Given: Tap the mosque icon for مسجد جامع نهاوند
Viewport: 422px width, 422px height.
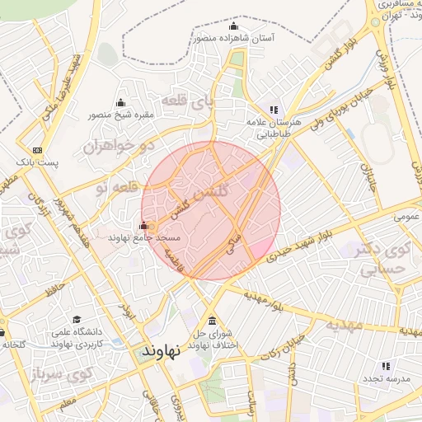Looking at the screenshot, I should coord(144,226).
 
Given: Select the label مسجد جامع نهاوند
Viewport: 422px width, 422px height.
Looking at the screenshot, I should coord(137,237).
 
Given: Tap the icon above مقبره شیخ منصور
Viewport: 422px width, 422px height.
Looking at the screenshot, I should coord(121,103).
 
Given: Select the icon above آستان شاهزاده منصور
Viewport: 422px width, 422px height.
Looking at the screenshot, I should coord(233,25).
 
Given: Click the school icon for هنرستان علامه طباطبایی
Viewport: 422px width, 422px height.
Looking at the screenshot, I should coord(274,109).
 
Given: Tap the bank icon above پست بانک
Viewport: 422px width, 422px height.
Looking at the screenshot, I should coord(37,150).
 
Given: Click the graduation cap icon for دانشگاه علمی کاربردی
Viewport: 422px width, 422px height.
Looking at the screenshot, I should coord(77,319).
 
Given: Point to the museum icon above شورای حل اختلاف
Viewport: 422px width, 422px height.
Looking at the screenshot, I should coord(213,321).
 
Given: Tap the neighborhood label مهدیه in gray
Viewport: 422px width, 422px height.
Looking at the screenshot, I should coord(343,324).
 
